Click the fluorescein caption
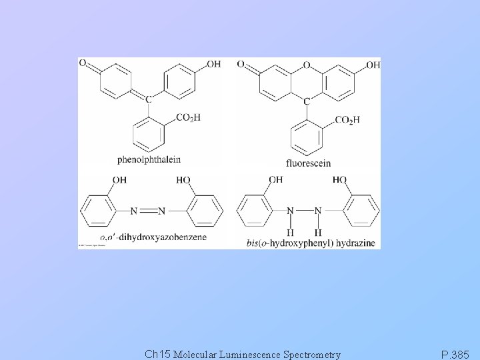pos(308,163)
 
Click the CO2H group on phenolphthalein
pos(189,118)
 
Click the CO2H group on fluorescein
pos(346,120)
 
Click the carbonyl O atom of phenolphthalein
pos(83,63)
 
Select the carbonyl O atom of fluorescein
pos(241,65)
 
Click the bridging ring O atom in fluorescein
pos(307,65)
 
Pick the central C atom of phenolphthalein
pos(149,99)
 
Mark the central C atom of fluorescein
pos(307,101)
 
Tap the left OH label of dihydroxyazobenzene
pos(119,180)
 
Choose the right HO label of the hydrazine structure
pos(339,180)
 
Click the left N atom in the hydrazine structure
pos(291,211)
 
